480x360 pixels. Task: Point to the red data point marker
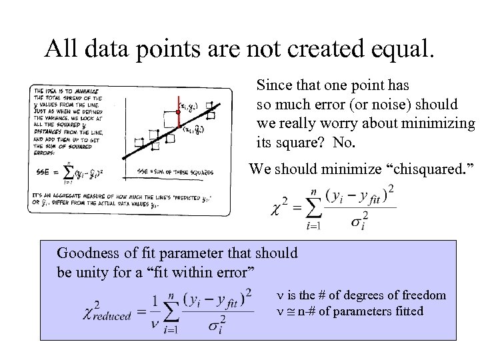[x=178, y=112]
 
